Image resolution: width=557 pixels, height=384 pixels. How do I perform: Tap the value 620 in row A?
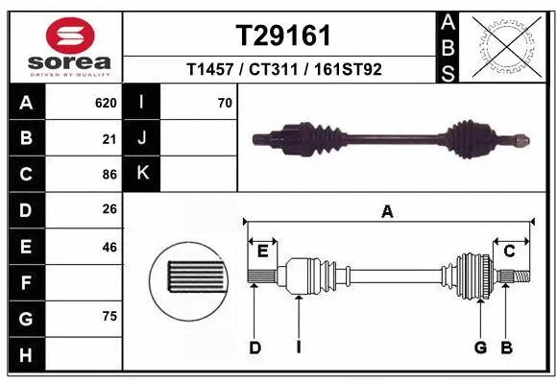tap(105, 103)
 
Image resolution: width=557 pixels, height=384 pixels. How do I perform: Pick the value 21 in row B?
tap(109, 139)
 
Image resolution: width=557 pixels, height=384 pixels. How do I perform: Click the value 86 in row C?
tap(109, 175)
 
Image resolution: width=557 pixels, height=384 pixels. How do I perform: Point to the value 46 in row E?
tap(109, 247)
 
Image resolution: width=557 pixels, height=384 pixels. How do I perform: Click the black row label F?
tap(25, 282)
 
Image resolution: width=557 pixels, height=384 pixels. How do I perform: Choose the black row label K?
tap(142, 174)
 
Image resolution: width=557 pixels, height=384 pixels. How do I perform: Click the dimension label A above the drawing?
tap(388, 212)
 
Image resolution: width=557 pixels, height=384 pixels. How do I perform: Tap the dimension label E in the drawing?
tap(262, 252)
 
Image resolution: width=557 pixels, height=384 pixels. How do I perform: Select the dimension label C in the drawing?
tap(510, 252)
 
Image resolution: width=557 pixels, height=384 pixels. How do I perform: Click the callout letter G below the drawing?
tap(480, 348)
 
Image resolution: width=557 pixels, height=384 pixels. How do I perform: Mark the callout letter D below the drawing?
tap(254, 348)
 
